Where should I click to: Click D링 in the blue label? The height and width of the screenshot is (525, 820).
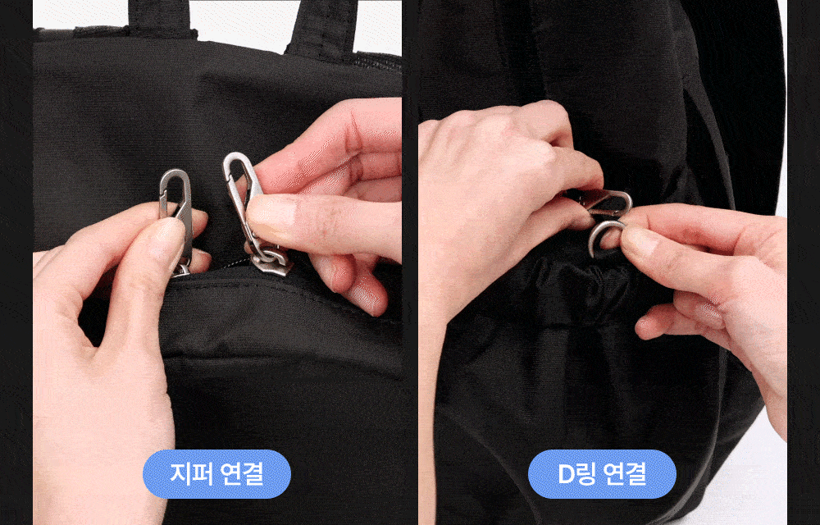[576, 474]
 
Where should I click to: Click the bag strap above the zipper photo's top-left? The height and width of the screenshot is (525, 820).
[161, 18]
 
